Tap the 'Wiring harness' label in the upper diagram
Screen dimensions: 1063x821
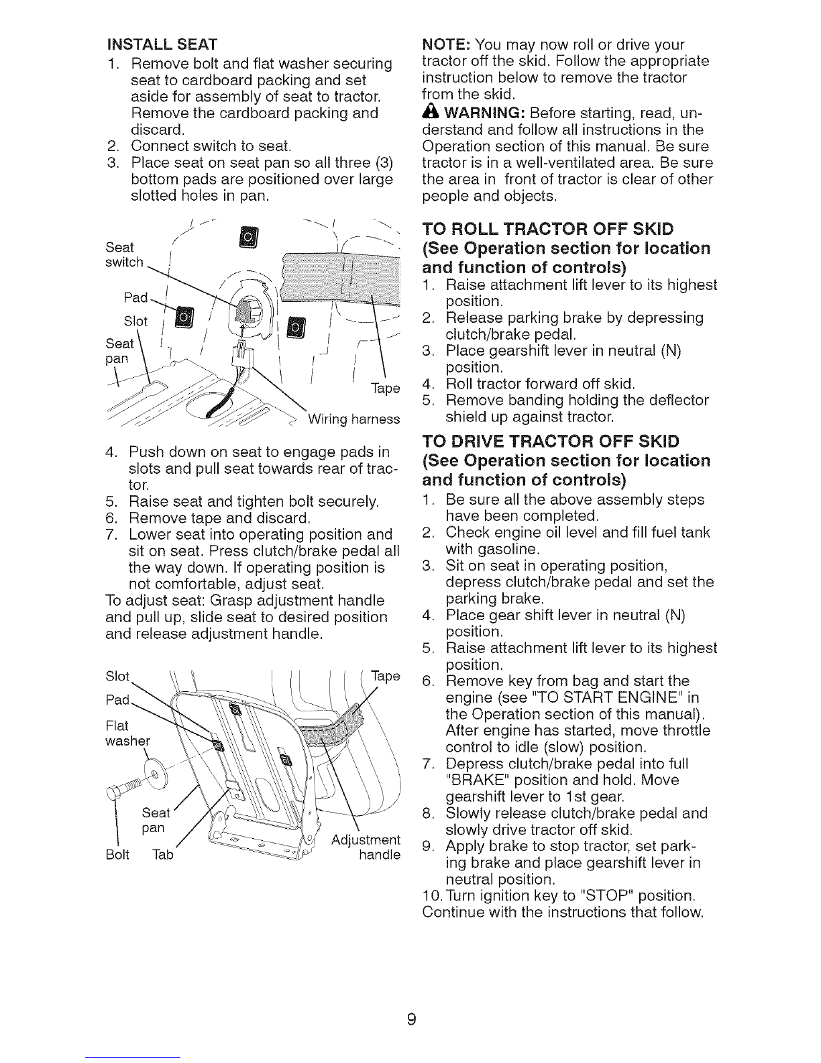click(x=353, y=419)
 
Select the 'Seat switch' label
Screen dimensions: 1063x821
click(x=125, y=254)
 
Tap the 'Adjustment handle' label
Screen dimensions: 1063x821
click(x=367, y=848)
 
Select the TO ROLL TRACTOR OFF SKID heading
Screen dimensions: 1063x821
click(x=549, y=228)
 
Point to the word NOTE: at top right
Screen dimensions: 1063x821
click(x=445, y=45)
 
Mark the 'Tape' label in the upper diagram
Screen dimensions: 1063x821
click(x=385, y=389)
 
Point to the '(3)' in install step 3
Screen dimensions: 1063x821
click(x=377, y=163)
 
